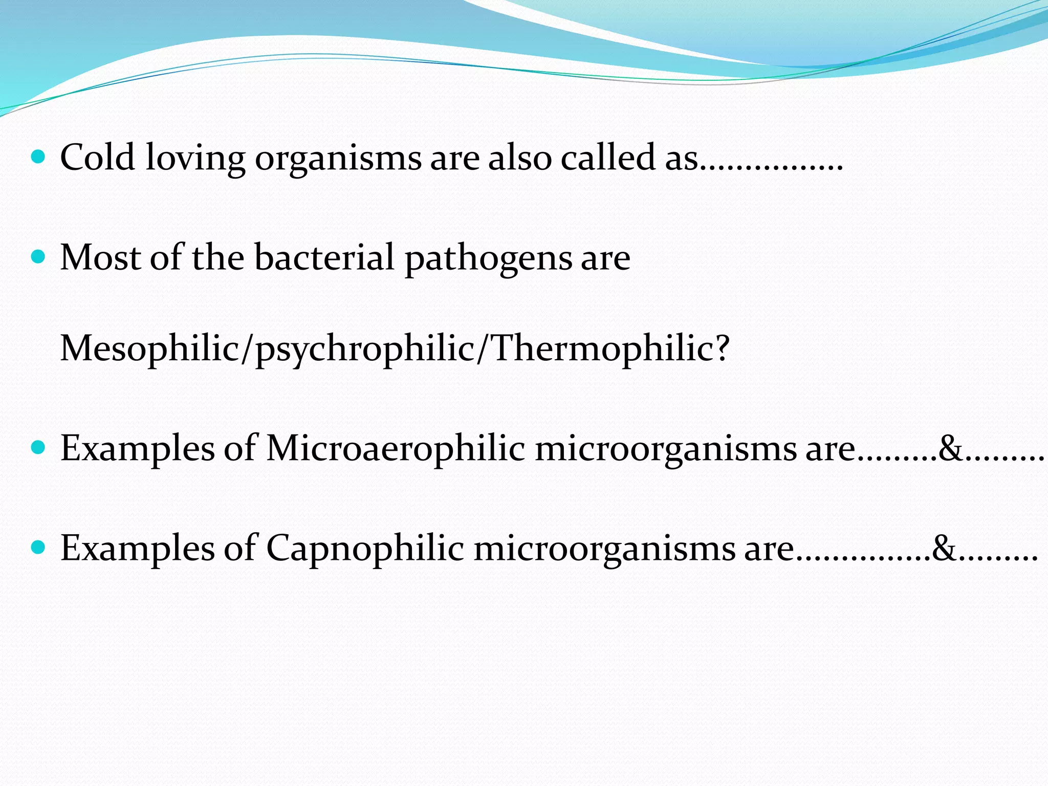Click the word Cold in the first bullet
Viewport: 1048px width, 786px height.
[97, 157]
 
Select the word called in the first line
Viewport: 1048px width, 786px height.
[607, 157]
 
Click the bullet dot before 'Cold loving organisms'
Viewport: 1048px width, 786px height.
[38, 156]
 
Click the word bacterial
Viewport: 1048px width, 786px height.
[324, 257]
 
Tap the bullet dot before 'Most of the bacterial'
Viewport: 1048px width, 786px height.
[38, 256]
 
